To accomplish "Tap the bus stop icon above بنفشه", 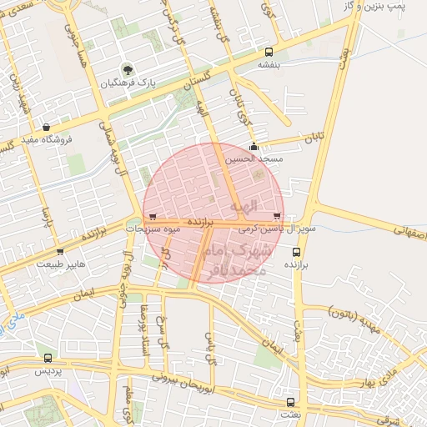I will click(x=267, y=53).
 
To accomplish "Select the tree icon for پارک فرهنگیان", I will click(x=128, y=69).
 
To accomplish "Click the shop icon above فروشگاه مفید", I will click(x=45, y=127).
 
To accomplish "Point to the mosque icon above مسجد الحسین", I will click(x=254, y=148).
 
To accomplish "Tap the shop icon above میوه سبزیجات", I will click(x=151, y=215).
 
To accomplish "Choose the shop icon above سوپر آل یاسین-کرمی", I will click(x=276, y=215).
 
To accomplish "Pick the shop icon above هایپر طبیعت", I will click(x=59, y=251).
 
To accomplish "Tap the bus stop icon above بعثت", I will click(x=290, y=401).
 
